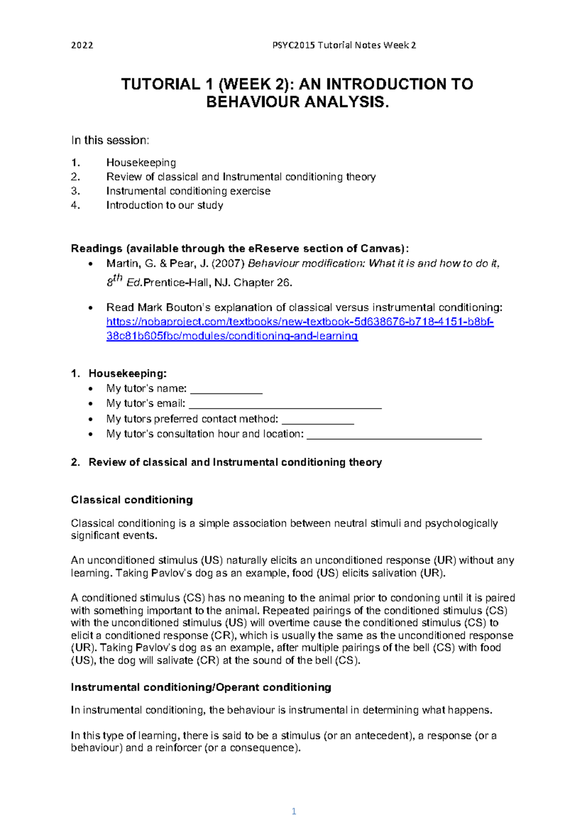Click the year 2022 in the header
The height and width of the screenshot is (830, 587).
[82, 46]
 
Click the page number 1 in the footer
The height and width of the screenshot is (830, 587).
[293, 811]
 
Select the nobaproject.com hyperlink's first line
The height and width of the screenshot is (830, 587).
[300, 322]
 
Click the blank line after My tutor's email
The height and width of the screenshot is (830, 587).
[285, 406]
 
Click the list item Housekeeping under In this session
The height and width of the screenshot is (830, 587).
[141, 162]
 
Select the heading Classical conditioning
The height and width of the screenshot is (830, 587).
[132, 500]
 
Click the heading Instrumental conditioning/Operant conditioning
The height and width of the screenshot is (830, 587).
[201, 687]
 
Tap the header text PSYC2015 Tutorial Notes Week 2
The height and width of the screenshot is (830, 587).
[344, 46]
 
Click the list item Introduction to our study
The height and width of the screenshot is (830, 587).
[164, 205]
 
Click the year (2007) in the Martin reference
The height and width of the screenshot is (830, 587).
[227, 264]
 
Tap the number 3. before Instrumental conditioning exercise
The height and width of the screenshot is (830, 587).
[75, 191]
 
